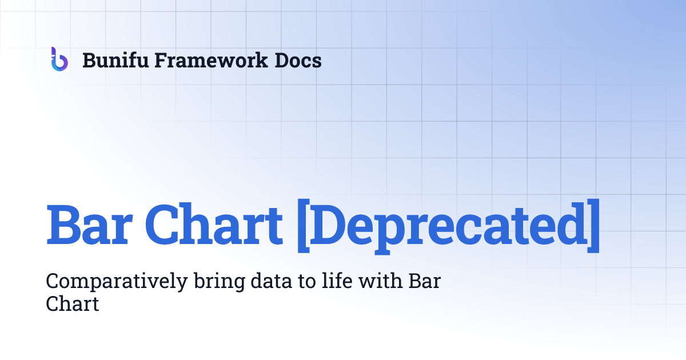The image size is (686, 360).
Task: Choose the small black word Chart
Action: [72, 304]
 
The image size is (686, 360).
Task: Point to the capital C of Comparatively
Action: [52, 281]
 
